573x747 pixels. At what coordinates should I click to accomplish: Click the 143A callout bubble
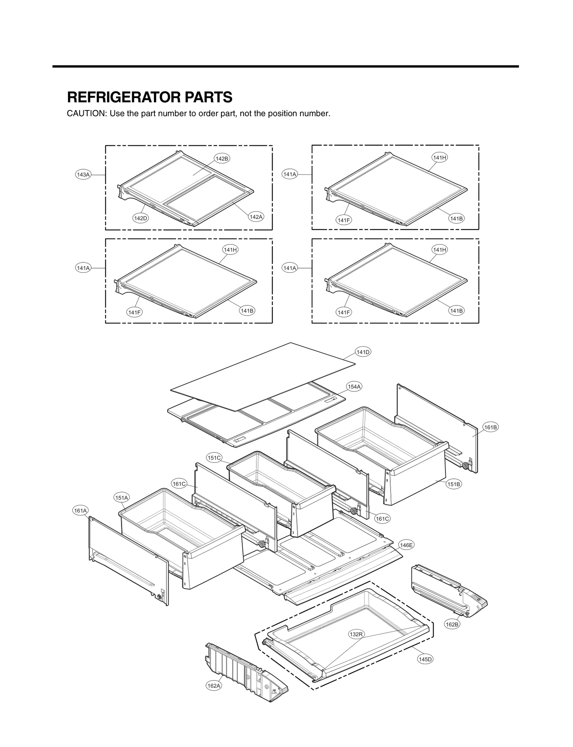(x=83, y=175)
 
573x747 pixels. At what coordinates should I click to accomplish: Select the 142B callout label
(x=222, y=158)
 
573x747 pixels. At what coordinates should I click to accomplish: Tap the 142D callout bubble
(x=140, y=218)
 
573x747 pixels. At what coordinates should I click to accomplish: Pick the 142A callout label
(x=256, y=217)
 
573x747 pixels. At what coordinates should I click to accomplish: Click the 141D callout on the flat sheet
(x=363, y=352)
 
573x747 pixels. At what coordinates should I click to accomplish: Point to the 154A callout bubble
(x=354, y=386)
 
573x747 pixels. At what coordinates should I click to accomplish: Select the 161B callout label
(x=490, y=427)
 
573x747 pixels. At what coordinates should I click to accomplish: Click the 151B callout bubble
(x=453, y=484)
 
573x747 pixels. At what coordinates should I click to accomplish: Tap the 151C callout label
(x=214, y=458)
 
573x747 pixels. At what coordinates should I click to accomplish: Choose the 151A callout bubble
(x=122, y=498)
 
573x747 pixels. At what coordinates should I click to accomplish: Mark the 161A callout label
(x=80, y=510)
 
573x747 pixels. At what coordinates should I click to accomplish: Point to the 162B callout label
(x=452, y=624)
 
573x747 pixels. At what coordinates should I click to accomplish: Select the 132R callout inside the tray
(x=356, y=634)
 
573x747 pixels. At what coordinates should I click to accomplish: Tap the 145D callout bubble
(x=425, y=659)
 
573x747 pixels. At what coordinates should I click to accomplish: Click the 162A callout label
(x=214, y=686)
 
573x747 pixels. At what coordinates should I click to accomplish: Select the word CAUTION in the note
(x=87, y=114)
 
